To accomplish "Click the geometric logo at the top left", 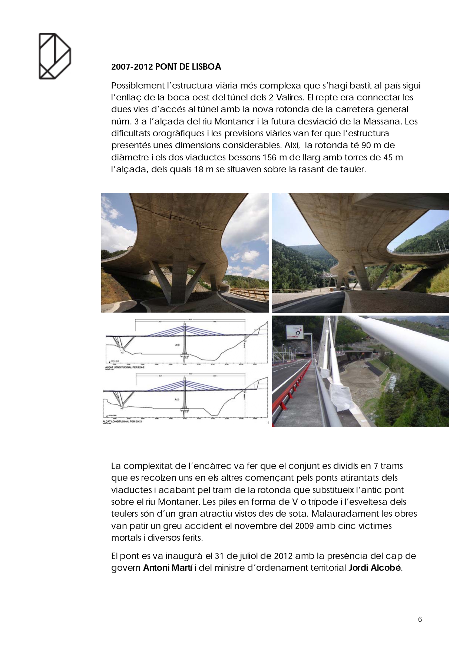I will pyautogui.click(x=54, y=56).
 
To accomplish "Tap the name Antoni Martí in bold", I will pyautogui.click(x=168, y=568).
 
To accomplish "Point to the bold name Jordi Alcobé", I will pyautogui.click(x=375, y=568).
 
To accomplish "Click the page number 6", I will pyautogui.click(x=420, y=619).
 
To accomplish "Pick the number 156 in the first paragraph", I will pyautogui.click(x=269, y=157).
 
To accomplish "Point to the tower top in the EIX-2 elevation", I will pyautogui.click(x=185, y=323).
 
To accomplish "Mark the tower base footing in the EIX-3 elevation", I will pyautogui.click(x=185, y=410).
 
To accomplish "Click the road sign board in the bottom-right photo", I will pyautogui.click(x=294, y=333).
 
